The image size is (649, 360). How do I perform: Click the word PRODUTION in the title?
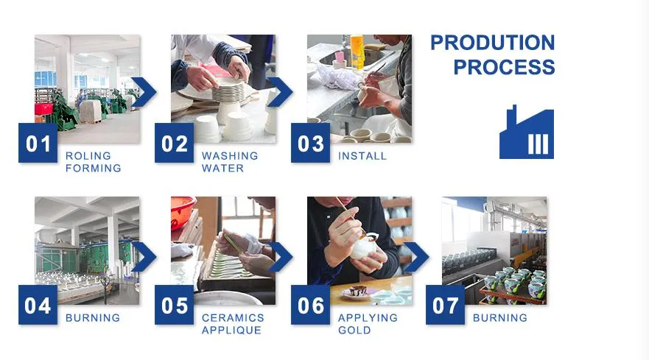493,43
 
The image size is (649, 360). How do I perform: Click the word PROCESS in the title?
504,67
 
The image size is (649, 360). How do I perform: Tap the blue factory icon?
527,132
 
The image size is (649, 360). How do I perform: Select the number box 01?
38,143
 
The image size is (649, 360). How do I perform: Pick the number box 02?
175,143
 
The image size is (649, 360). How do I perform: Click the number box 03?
310,143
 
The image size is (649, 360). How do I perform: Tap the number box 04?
38,305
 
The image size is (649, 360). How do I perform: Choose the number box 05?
175,305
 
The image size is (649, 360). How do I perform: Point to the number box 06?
310,305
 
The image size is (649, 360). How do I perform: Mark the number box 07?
446,305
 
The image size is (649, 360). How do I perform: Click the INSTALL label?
362,156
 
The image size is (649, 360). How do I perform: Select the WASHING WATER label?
230,162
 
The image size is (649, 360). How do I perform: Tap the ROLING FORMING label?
93,162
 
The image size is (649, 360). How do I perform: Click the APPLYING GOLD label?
368,324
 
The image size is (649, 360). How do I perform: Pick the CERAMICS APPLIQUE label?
233,324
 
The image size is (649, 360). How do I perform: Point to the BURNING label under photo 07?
500,318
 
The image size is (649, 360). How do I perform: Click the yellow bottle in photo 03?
357,51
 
